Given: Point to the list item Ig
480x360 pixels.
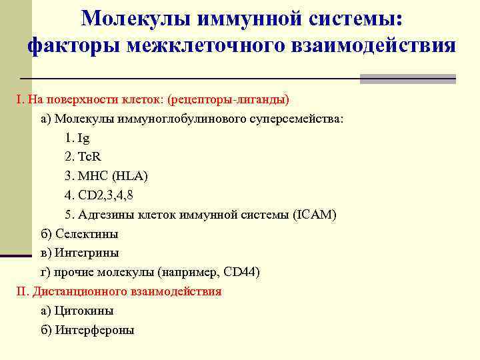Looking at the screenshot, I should (83, 139).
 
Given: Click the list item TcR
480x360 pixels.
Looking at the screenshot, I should (89, 157).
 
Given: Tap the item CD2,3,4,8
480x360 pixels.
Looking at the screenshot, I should (109, 196).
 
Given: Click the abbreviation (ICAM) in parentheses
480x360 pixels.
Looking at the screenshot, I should (314, 215).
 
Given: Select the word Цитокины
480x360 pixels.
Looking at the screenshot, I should (83, 311).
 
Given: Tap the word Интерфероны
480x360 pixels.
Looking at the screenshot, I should (94, 330).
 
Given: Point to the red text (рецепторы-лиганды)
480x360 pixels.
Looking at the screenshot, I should (229, 100).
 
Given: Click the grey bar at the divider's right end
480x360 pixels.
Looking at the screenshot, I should (407, 79).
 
